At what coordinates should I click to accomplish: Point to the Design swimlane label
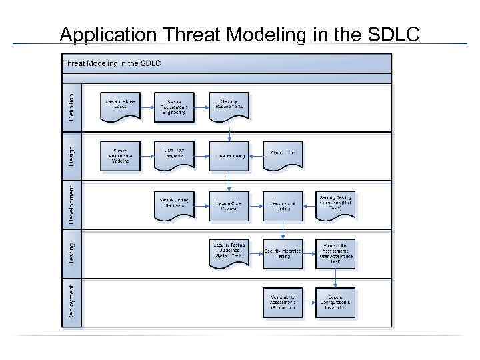click(x=71, y=157)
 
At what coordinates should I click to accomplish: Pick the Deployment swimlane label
click(x=71, y=301)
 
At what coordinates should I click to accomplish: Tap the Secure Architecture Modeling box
click(x=120, y=156)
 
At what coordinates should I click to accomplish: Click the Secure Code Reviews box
click(x=229, y=205)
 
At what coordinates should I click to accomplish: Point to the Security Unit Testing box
click(x=283, y=205)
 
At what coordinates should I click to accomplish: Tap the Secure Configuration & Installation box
click(x=335, y=303)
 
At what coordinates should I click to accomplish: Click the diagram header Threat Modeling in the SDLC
click(x=111, y=63)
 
